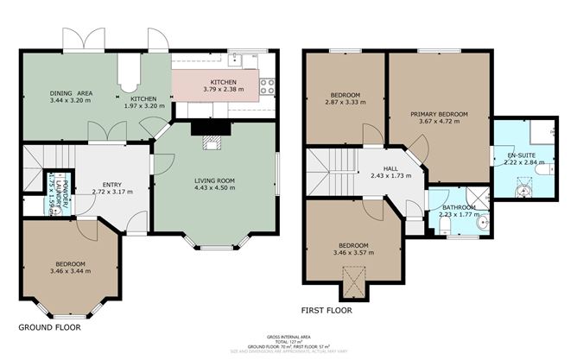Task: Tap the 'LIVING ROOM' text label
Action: [x=214, y=180]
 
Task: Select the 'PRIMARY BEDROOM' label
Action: [x=439, y=114]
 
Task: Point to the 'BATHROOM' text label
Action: [x=457, y=207]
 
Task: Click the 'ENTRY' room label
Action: [x=112, y=185]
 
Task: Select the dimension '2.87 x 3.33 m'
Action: [x=345, y=101]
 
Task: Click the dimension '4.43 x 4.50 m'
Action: [x=214, y=188]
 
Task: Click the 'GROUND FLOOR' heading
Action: [x=49, y=328]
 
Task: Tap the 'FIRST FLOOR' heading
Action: [x=327, y=309]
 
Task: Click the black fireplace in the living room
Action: [x=207, y=128]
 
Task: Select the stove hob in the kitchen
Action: [x=266, y=85]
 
